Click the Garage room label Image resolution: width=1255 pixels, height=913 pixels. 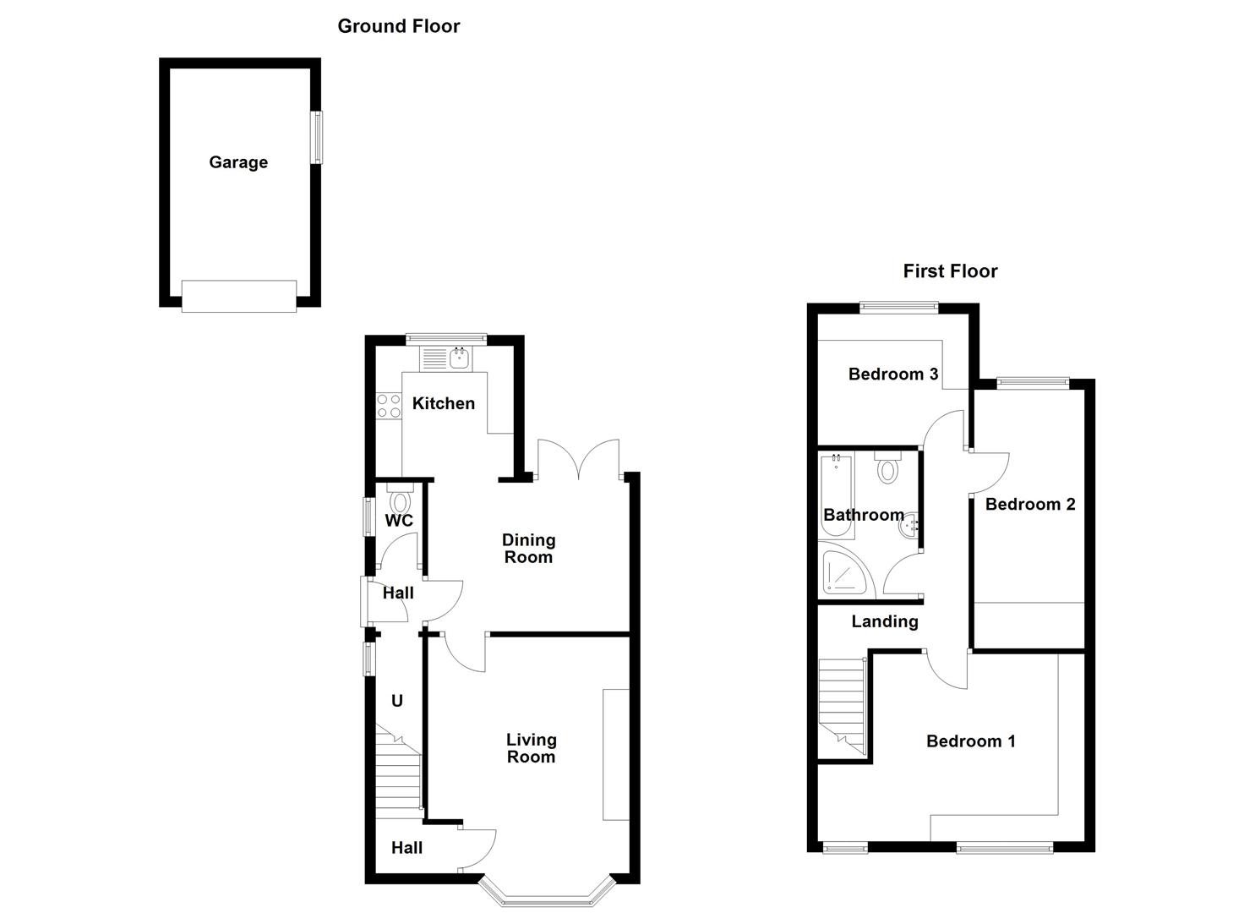click(238, 162)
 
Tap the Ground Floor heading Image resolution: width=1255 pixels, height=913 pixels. click(398, 26)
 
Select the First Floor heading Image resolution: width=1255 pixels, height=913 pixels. click(950, 271)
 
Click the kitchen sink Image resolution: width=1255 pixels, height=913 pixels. click(460, 360)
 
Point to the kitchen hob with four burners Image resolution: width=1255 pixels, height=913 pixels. click(389, 406)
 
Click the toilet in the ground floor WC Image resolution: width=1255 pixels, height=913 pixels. click(400, 500)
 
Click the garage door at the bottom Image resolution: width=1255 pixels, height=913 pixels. click(239, 296)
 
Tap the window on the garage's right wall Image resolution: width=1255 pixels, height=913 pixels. click(318, 137)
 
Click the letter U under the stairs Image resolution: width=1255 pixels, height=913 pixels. click(396, 701)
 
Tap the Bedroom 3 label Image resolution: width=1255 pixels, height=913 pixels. click(893, 374)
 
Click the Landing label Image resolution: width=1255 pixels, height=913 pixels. click(884, 621)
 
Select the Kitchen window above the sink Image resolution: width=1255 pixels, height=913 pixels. click(445, 339)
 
